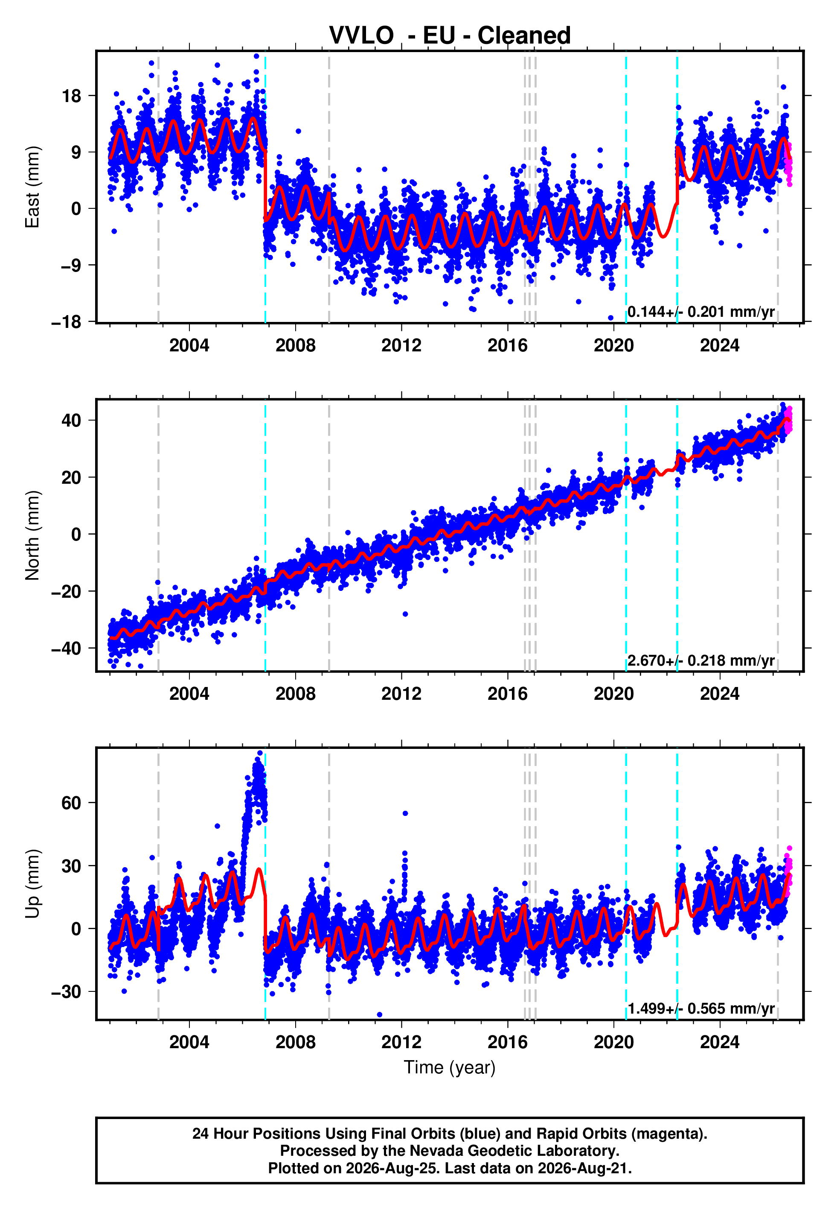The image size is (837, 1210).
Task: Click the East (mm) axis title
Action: [x=32, y=187]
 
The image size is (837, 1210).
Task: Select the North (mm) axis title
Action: [x=32, y=535]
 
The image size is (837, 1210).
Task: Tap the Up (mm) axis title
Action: [x=32, y=884]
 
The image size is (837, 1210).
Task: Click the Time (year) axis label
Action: [x=450, y=1068]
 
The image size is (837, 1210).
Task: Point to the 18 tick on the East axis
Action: [x=72, y=96]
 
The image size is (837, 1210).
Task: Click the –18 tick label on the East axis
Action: [x=67, y=321]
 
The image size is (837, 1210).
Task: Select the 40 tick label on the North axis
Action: [x=71, y=420]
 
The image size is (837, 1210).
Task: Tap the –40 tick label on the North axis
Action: [x=67, y=649]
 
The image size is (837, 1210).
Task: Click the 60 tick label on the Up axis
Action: [x=71, y=803]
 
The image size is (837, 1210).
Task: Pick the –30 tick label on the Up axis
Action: [x=67, y=992]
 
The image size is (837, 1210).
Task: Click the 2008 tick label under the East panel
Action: [x=295, y=345]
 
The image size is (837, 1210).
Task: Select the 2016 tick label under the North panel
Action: [x=507, y=694]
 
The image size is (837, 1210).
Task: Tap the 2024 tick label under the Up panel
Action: [x=720, y=1042]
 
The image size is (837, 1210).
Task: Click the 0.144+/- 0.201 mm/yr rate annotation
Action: [x=701, y=312]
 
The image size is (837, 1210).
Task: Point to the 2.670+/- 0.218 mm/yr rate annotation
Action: [x=701, y=660]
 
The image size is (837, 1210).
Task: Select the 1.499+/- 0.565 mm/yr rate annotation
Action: [x=701, y=1008]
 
